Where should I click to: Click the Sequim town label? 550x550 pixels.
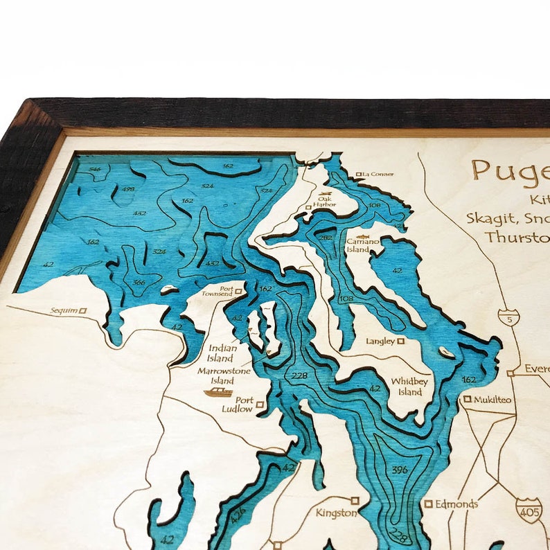(64, 311)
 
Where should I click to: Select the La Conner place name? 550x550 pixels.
(378, 174)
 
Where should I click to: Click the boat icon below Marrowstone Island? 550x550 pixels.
(218, 392)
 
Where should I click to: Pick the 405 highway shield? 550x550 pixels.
(529, 510)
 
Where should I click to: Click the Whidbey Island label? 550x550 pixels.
(406, 387)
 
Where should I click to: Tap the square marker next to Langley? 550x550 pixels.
(400, 341)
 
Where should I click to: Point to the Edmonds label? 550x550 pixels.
(456, 504)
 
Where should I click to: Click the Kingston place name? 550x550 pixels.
(336, 513)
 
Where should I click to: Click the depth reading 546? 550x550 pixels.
(95, 169)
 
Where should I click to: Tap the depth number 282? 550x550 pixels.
(327, 238)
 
